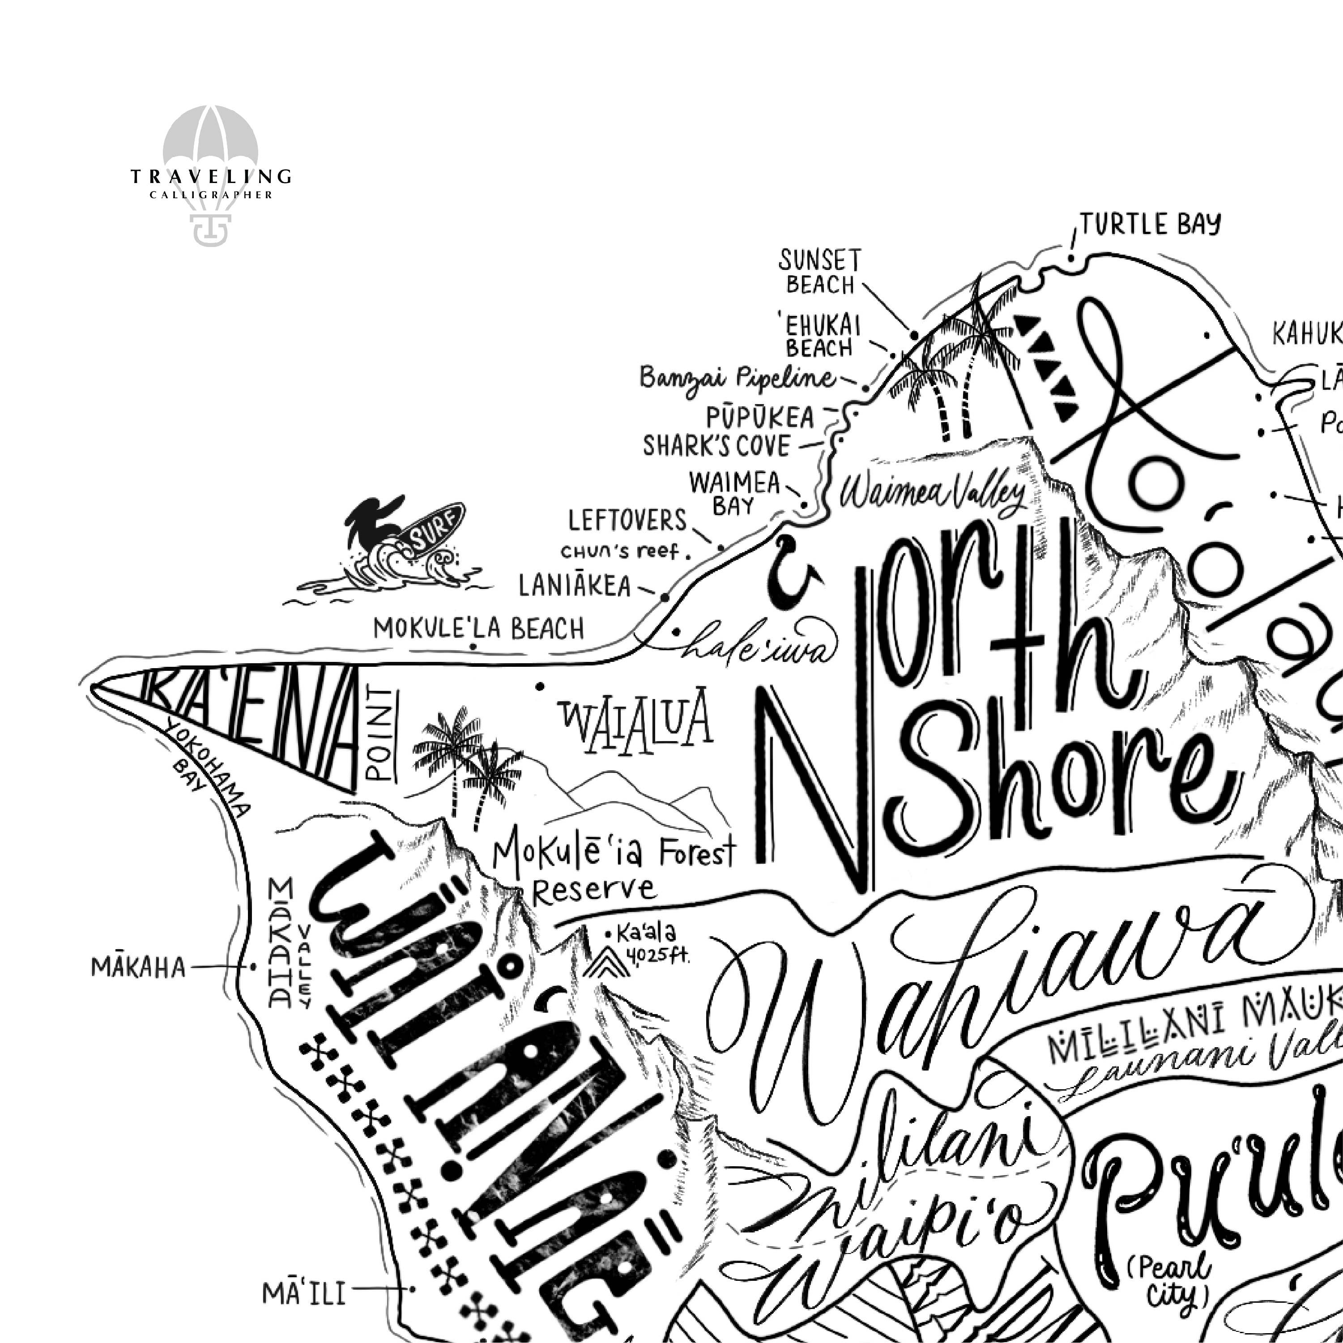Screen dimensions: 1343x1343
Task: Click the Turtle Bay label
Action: pyautogui.click(x=1151, y=224)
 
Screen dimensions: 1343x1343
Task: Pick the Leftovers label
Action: pyautogui.click(x=627, y=520)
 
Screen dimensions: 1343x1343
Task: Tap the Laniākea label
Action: pyautogui.click(x=575, y=586)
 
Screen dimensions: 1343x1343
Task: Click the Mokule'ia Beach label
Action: pyautogui.click(x=479, y=628)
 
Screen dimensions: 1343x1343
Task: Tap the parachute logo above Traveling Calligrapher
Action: pyautogui.click(x=211, y=146)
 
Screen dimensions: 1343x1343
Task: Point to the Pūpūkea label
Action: pyautogui.click(x=760, y=417)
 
